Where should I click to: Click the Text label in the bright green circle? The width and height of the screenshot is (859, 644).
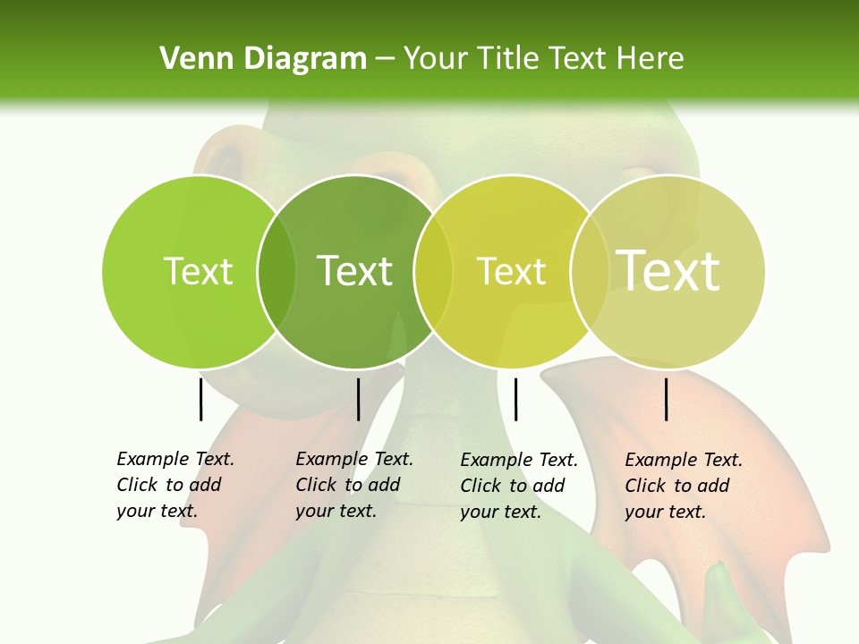pyautogui.click(x=198, y=271)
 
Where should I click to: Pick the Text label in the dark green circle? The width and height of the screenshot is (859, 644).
pyautogui.click(x=355, y=271)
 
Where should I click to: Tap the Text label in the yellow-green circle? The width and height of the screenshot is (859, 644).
pyautogui.click(x=511, y=271)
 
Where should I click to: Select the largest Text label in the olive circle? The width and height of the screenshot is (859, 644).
pyautogui.click(x=668, y=271)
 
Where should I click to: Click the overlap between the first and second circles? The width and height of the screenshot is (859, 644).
pyautogui.click(x=276, y=271)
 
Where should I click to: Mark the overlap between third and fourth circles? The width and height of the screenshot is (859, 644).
pyautogui.click(x=588, y=271)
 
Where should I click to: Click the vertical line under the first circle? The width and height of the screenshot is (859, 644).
pyautogui.click(x=201, y=399)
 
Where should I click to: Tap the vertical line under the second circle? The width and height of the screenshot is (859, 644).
pyautogui.click(x=358, y=399)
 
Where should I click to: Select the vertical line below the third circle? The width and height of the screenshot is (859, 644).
pyautogui.click(x=516, y=399)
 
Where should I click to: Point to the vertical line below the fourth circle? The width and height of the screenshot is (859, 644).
pyautogui.click(x=667, y=399)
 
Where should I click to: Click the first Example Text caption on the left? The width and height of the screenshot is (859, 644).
pyautogui.click(x=174, y=485)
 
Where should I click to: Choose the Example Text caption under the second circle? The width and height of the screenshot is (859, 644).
pyautogui.click(x=353, y=485)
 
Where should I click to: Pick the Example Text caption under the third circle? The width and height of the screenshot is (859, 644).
pyautogui.click(x=518, y=486)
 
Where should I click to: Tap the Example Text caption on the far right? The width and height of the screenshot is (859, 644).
pyautogui.click(x=683, y=486)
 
